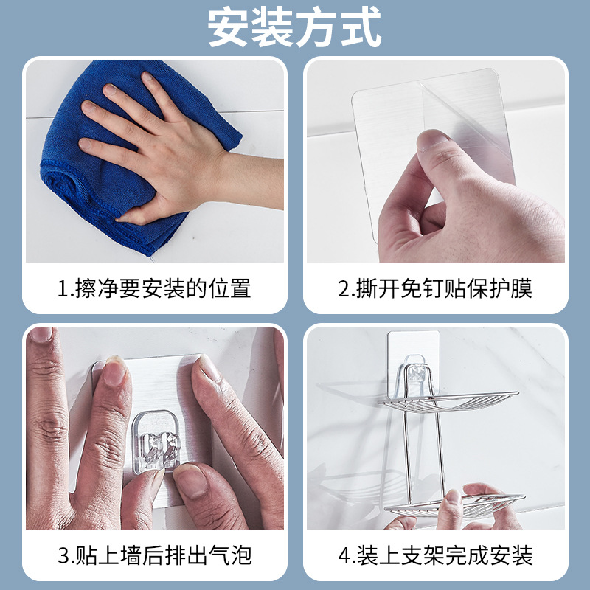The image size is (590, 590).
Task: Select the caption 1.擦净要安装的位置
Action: [154, 288]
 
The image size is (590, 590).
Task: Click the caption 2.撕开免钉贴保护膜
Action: [435, 288]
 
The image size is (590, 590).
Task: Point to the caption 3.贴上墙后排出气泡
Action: [154, 555]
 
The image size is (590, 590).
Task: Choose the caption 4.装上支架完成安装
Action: [435, 555]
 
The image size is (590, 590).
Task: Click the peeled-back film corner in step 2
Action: [472, 111]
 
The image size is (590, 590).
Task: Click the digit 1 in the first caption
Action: [64, 288]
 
